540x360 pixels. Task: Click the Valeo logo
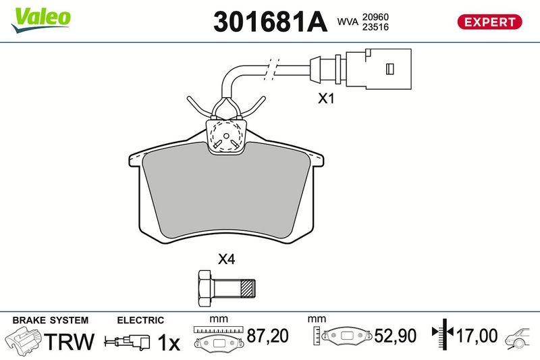(40, 20)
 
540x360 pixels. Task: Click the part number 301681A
(271, 22)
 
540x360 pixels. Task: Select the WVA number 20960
(375, 17)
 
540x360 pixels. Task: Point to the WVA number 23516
(375, 27)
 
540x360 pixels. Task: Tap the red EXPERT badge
(489, 22)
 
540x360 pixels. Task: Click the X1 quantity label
(326, 99)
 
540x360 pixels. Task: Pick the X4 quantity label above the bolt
(226, 259)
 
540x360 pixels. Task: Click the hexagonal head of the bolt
(206, 288)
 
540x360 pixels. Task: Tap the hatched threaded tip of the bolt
(248, 288)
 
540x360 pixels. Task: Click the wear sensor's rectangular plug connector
(379, 69)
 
